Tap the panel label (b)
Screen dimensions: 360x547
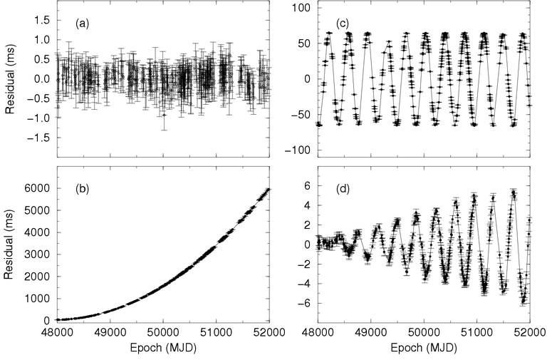[x=82, y=190]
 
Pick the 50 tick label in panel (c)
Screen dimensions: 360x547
[x=299, y=43]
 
